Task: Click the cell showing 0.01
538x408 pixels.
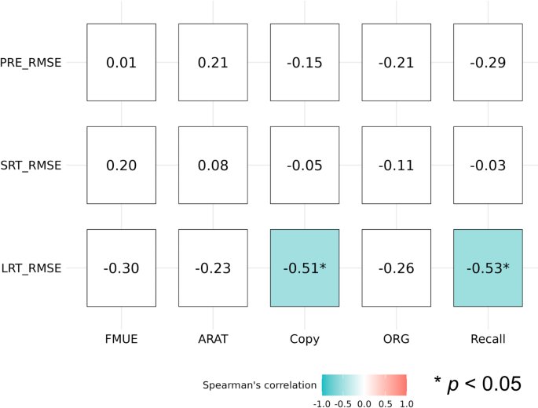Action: tap(121, 62)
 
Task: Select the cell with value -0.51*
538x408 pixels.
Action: tap(305, 268)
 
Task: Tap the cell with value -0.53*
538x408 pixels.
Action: tap(488, 268)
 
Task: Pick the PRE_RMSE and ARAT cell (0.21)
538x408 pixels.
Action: tap(213, 62)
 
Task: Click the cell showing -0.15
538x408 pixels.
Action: tap(305, 62)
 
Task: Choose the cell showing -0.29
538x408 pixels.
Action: tap(488, 62)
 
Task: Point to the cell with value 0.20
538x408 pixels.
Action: tap(121, 165)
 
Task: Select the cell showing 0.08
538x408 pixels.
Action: tap(213, 165)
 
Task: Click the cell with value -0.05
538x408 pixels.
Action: tap(305, 165)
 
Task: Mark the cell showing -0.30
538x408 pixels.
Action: tap(121, 268)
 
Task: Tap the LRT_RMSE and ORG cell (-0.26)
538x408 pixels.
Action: tap(396, 268)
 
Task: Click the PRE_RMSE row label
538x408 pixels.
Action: tap(31, 62)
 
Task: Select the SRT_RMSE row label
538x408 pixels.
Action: tap(31, 165)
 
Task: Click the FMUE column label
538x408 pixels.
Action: tap(121, 339)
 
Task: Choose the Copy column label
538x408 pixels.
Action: tap(305, 339)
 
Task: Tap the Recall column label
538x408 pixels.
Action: tap(488, 339)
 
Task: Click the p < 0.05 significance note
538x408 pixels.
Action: tap(478, 384)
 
